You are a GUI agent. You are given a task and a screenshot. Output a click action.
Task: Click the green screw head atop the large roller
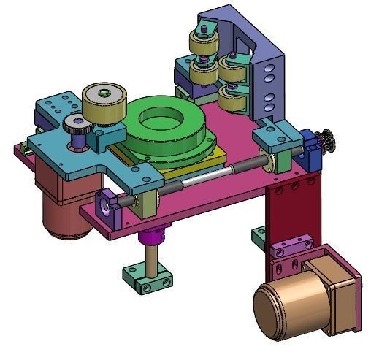click(106, 92)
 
